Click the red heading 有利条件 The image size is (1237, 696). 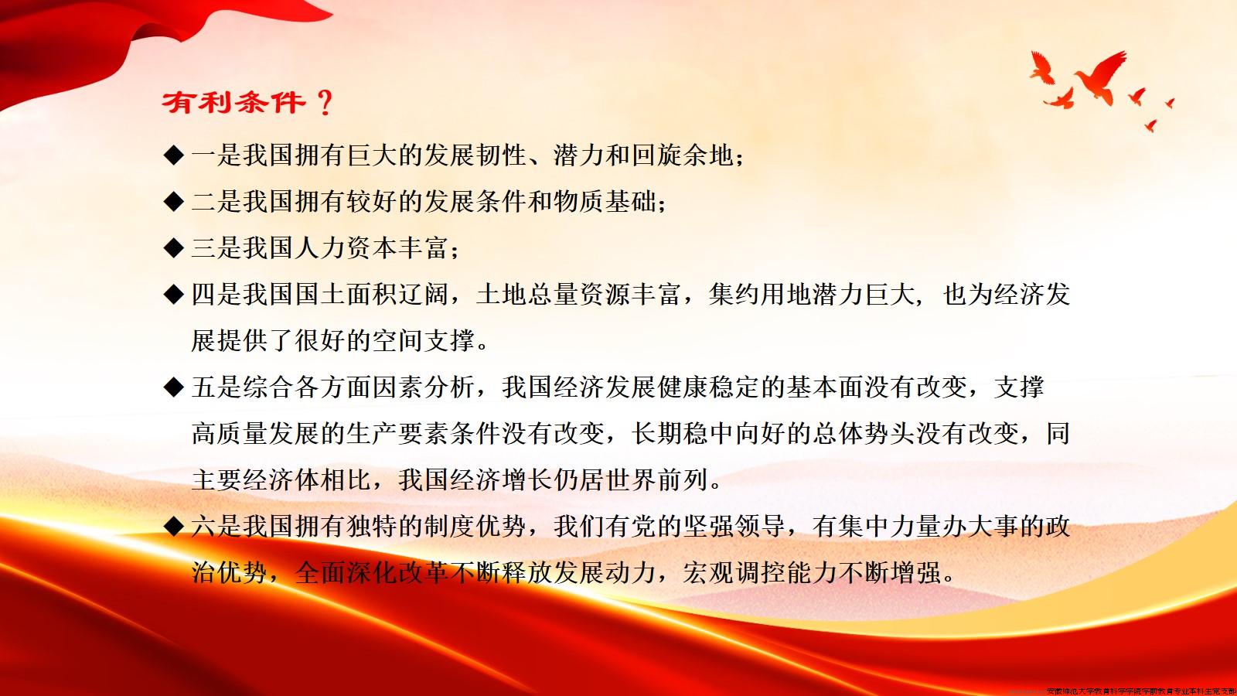pyautogui.click(x=233, y=102)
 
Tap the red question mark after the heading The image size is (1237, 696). pyautogui.click(x=325, y=102)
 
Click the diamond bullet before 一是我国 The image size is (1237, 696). pyautogui.click(x=173, y=155)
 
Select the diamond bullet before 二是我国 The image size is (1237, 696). pyautogui.click(x=173, y=202)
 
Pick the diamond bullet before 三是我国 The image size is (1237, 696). pyautogui.click(x=173, y=248)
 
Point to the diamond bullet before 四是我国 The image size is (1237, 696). pyautogui.click(x=173, y=295)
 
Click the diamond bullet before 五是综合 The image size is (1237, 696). pyautogui.click(x=173, y=387)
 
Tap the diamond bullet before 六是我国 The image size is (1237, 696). pyautogui.click(x=173, y=527)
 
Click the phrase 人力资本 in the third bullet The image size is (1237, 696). pyautogui.click(x=373, y=248)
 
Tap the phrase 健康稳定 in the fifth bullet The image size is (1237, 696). pyautogui.click(x=709, y=387)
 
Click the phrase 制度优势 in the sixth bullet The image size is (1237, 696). pyautogui.click(x=475, y=527)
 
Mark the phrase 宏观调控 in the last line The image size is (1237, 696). pyautogui.click(x=734, y=573)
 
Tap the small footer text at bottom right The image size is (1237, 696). pyautogui.click(x=1140, y=691)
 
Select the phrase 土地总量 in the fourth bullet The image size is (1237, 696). pyautogui.click(x=527, y=295)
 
